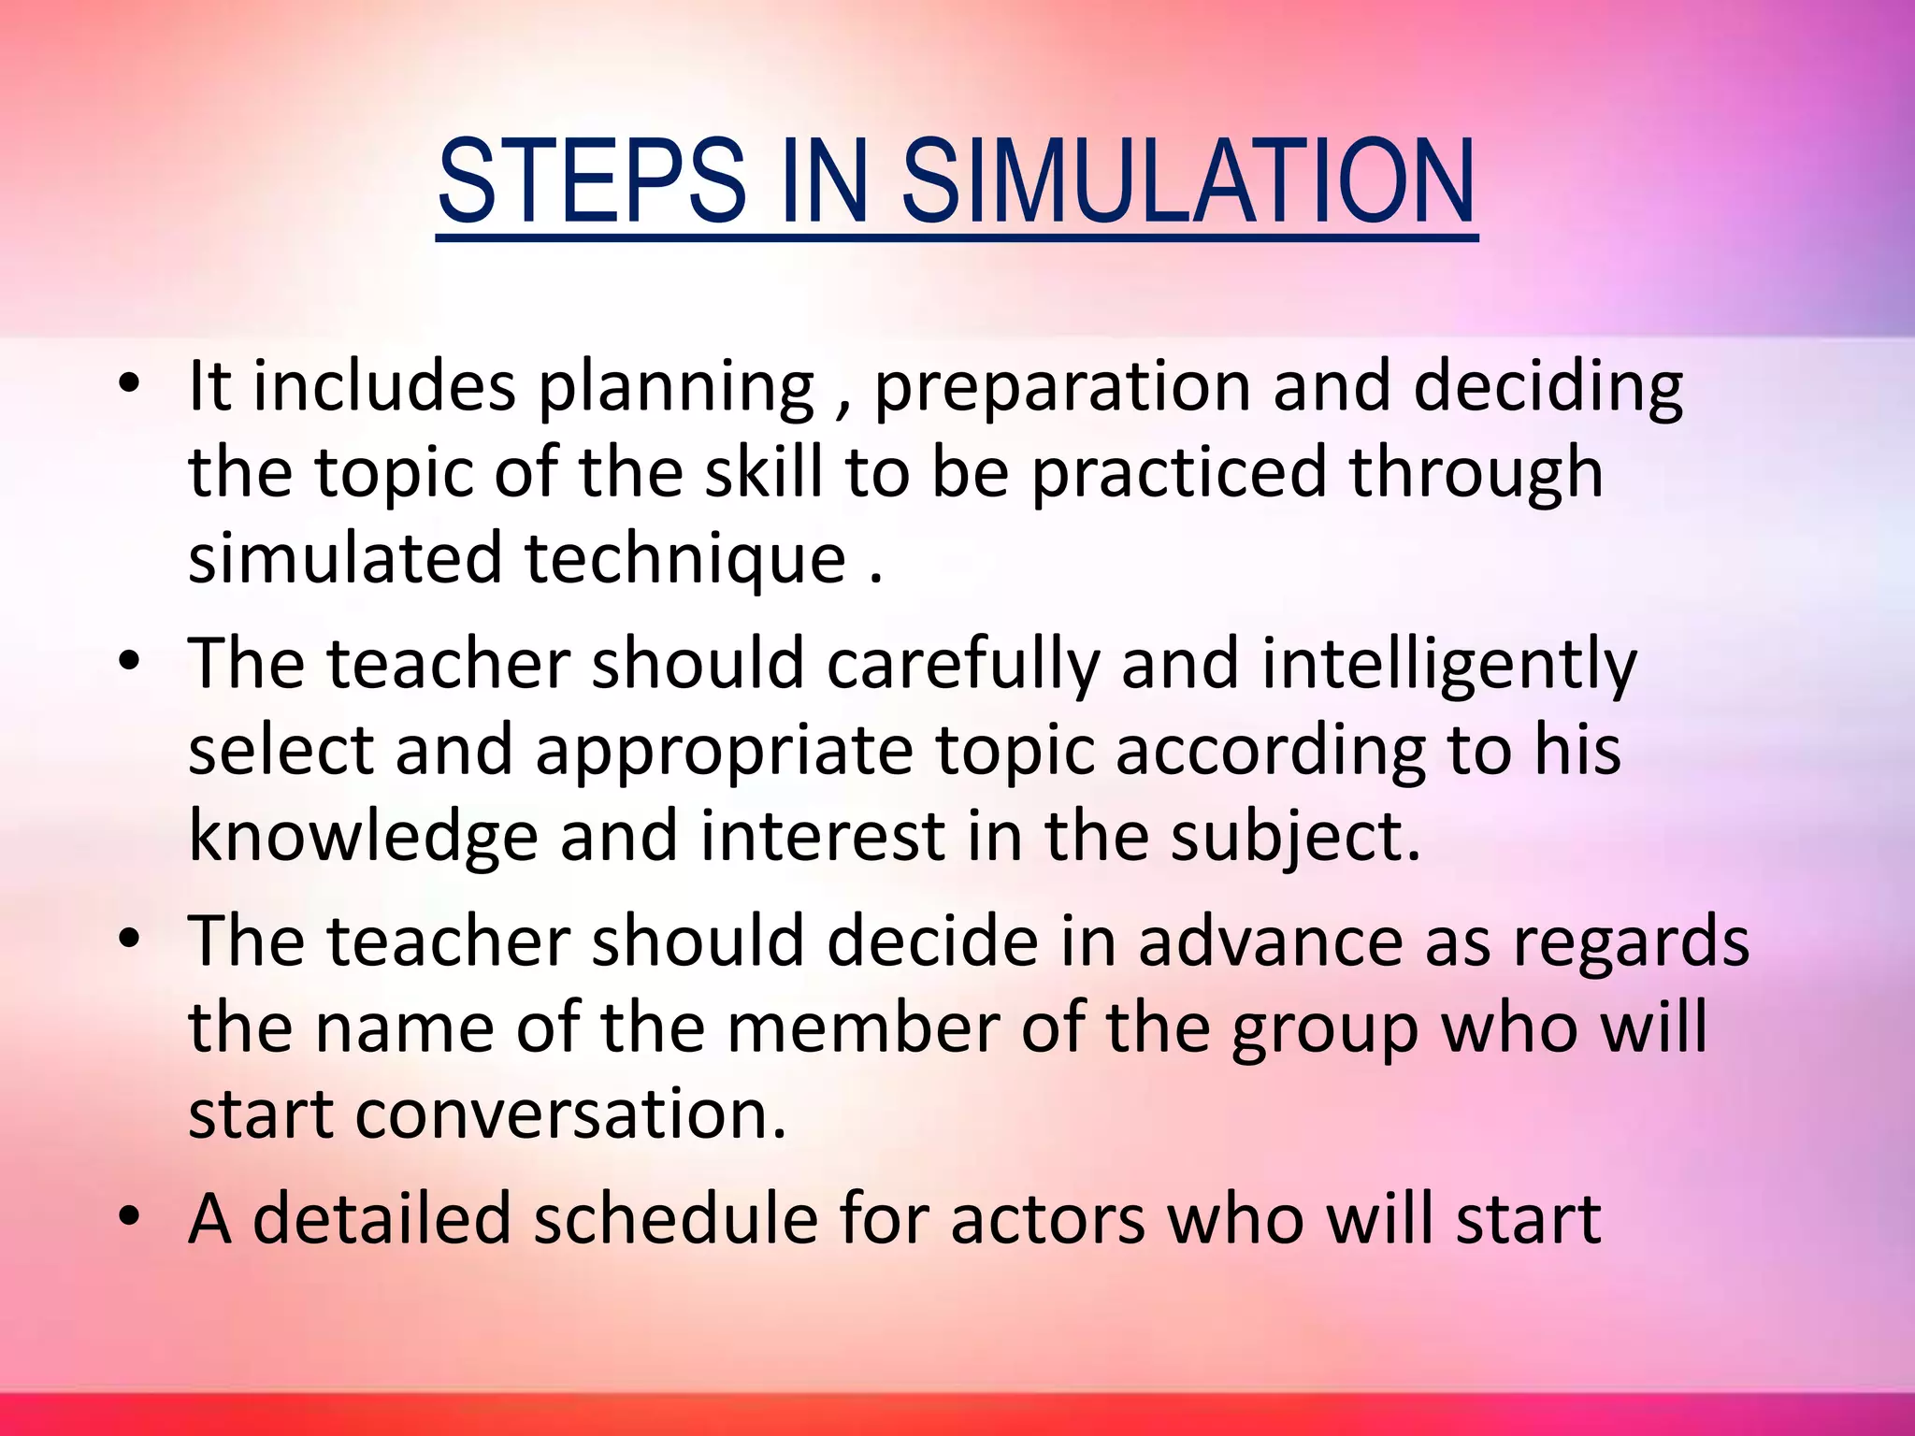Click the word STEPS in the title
point(591,181)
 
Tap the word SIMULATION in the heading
point(1188,181)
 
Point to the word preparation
point(1062,387)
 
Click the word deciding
point(1548,387)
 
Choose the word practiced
point(1179,472)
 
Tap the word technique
point(685,559)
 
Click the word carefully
point(963,664)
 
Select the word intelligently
point(1448,664)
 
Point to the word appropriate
point(724,751)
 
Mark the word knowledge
point(363,837)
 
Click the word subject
point(1296,837)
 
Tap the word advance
point(1270,941)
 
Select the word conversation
point(570,1114)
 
